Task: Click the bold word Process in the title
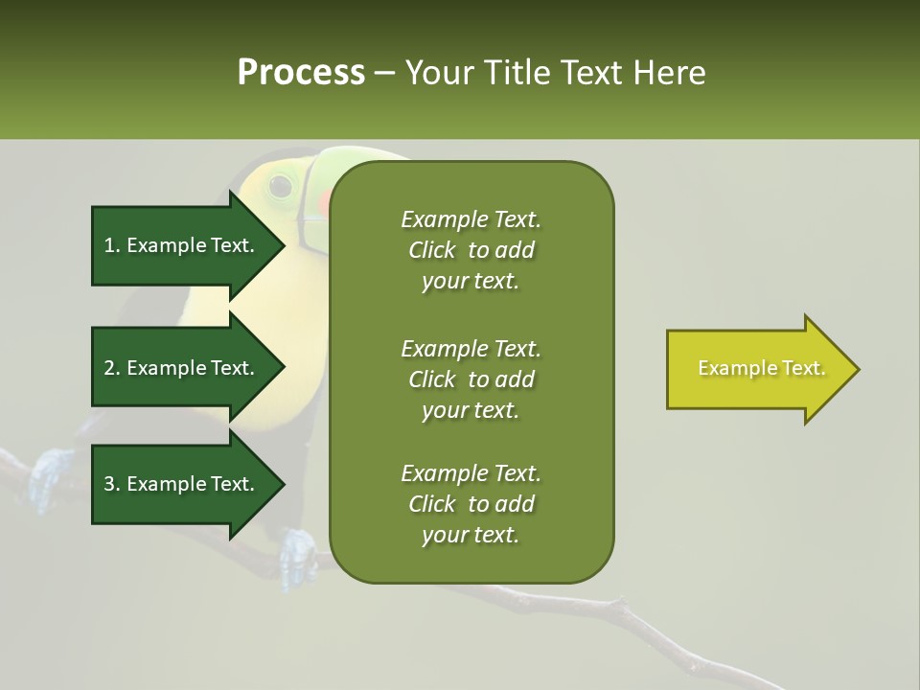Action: click(301, 73)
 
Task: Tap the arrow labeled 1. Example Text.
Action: click(182, 245)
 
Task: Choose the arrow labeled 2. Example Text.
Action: click(182, 368)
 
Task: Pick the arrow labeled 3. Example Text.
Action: click(182, 484)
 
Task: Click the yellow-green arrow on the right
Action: click(757, 369)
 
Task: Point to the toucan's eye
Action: click(280, 184)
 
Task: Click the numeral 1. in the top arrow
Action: click(112, 245)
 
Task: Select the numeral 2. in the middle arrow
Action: click(112, 368)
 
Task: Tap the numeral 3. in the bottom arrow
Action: click(112, 484)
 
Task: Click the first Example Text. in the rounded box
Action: click(471, 219)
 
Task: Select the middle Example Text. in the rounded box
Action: click(471, 349)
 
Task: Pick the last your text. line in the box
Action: click(471, 536)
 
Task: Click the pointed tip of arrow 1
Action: click(283, 245)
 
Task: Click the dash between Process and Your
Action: click(385, 73)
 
